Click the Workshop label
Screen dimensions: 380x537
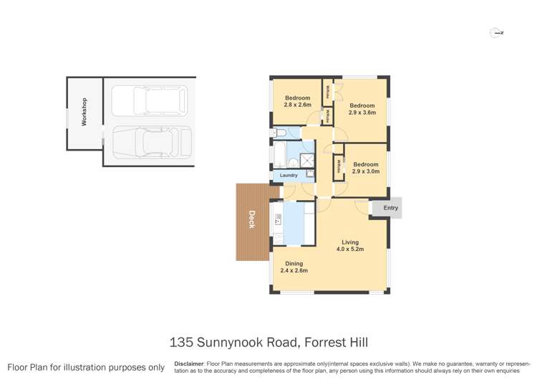(84, 113)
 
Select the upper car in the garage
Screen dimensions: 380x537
(149, 100)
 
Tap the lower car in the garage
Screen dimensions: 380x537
(149, 141)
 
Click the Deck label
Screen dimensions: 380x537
(252, 219)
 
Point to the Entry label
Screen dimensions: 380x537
(390, 208)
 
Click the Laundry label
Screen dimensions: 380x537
(289, 175)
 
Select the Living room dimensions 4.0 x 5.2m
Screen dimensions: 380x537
(350, 250)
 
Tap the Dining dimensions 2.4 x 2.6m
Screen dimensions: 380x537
(293, 270)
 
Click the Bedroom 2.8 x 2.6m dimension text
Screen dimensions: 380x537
(297, 105)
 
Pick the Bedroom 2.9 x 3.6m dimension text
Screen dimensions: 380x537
(362, 113)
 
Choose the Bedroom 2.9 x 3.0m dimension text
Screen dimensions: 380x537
(365, 171)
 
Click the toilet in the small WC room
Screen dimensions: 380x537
(278, 133)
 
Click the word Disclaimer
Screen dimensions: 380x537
(188, 364)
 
